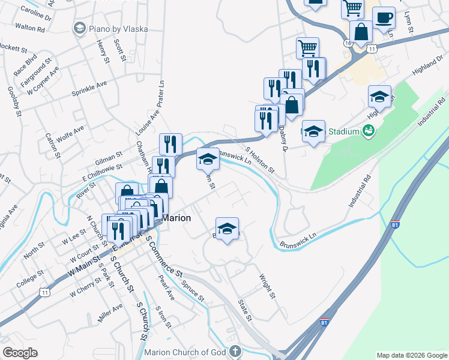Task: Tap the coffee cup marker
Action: point(384,18)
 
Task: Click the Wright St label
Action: point(267,287)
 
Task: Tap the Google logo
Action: point(20,352)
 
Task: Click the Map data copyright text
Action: point(412,355)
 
